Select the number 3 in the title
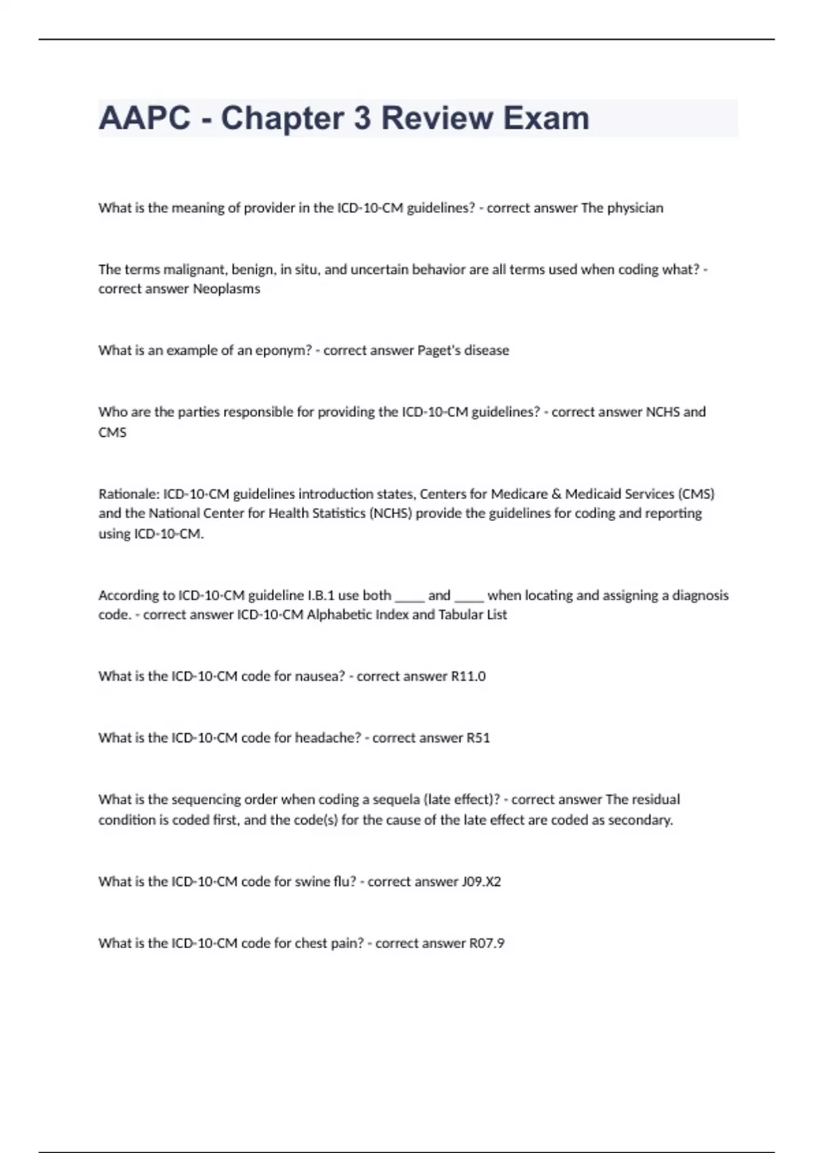coord(362,118)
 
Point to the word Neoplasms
coord(227,289)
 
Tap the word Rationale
coord(128,494)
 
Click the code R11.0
coord(468,676)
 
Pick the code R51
coord(478,738)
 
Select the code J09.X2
coord(481,882)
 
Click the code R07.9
coord(487,943)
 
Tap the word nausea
coord(319,676)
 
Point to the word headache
coord(327,738)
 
